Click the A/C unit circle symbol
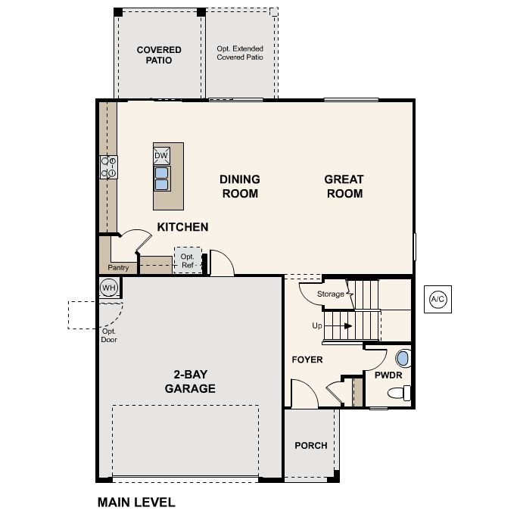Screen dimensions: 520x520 (x=437, y=299)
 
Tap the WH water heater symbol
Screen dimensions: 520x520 (x=108, y=288)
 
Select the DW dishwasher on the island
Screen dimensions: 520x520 (x=161, y=156)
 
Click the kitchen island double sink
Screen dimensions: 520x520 (x=161, y=177)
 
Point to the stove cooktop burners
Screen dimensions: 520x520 (x=108, y=167)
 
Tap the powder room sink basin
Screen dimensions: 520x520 (x=403, y=359)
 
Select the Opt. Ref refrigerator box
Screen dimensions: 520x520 (x=188, y=260)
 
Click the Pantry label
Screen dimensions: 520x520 (x=118, y=268)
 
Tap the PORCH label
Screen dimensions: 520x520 (x=311, y=445)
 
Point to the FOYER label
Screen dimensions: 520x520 (x=307, y=360)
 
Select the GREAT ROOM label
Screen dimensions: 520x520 (x=344, y=186)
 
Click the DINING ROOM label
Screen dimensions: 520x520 (x=239, y=186)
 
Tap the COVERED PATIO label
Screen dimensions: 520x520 (x=159, y=55)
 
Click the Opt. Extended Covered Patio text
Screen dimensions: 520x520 (x=240, y=52)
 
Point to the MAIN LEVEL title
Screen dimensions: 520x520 (x=136, y=502)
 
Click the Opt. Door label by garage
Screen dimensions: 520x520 (x=109, y=335)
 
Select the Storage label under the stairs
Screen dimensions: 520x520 (x=331, y=294)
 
